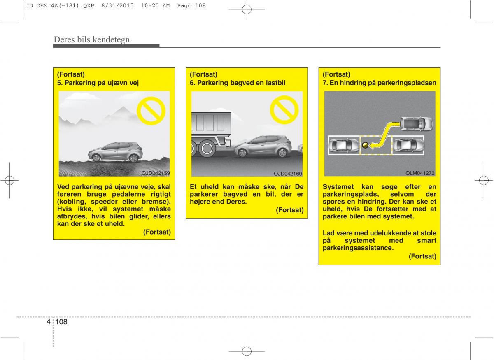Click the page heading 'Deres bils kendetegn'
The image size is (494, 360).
[92, 40]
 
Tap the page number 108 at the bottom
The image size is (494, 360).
[61, 322]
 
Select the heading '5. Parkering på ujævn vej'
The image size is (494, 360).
[98, 83]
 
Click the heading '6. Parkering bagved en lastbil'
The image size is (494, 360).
[238, 83]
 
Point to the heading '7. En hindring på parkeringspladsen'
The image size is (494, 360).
[379, 83]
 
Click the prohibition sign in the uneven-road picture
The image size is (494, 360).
[151, 111]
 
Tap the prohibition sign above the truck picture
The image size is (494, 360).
[284, 110]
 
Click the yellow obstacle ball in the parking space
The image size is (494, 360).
[365, 145]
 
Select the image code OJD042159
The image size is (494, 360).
[156, 173]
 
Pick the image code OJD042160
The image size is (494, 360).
[288, 174]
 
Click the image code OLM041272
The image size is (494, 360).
[420, 173]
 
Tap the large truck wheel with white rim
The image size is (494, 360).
[207, 149]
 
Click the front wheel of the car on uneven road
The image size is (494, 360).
[96, 158]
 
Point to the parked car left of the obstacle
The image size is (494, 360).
[344, 145]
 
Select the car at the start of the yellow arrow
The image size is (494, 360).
[416, 124]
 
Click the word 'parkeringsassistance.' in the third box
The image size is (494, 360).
[358, 248]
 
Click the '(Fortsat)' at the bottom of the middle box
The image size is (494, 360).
[290, 210]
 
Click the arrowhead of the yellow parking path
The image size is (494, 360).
[372, 146]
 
